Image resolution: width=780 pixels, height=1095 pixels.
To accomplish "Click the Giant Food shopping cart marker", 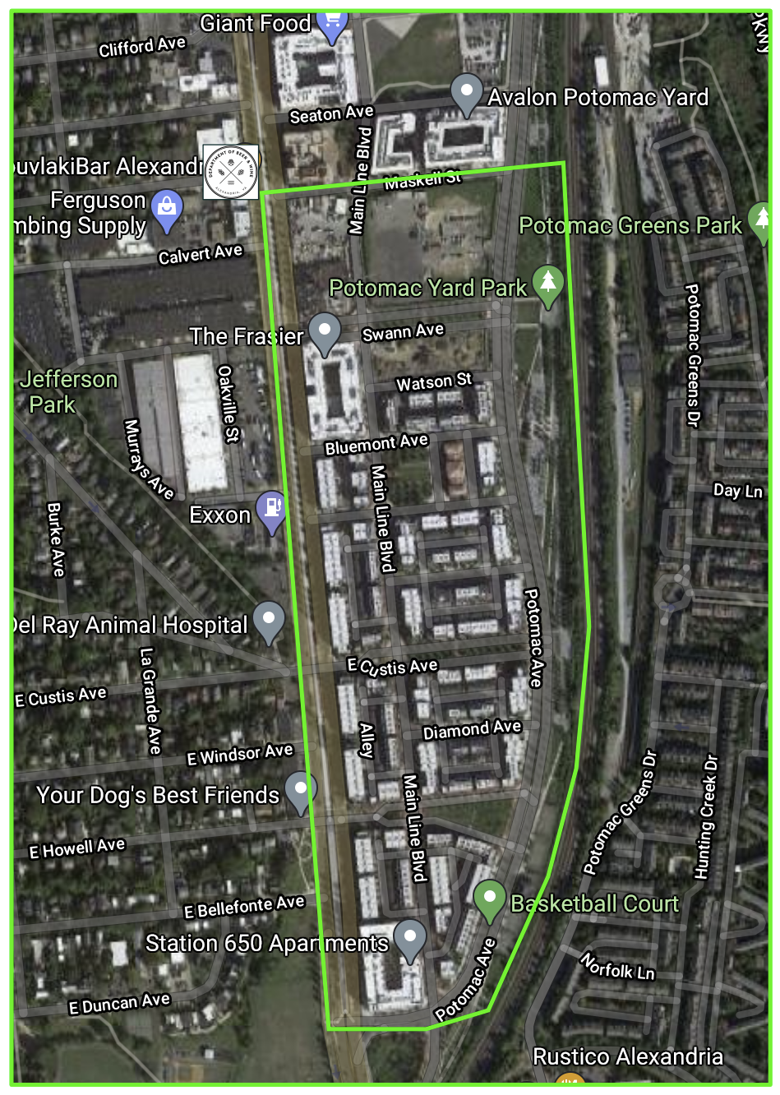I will point(331,25).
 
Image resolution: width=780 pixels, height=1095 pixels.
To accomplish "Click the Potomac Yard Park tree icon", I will point(548,283).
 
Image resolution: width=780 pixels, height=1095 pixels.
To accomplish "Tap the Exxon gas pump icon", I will point(271,510).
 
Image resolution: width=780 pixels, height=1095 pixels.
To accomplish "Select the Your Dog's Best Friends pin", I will point(300,790).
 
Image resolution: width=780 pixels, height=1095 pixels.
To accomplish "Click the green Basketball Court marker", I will point(489,899).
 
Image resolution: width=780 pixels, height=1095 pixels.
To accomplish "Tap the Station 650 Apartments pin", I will point(409,938).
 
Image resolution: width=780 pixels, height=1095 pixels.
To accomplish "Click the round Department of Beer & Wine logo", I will point(231,172).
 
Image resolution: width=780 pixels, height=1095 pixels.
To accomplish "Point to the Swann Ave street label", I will point(403,331).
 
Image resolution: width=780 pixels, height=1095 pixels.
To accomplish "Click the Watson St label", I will point(434,382).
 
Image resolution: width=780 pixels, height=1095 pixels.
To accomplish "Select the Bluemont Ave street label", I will point(376,445).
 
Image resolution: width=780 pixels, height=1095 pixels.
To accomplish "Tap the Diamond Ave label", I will point(472,729).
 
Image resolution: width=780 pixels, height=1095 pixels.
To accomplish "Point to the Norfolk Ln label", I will point(617,967).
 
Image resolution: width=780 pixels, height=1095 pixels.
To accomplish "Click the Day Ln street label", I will point(737,491).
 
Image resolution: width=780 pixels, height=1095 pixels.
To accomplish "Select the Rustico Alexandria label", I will point(628,1056).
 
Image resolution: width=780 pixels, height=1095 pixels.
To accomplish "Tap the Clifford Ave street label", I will point(142,47).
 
